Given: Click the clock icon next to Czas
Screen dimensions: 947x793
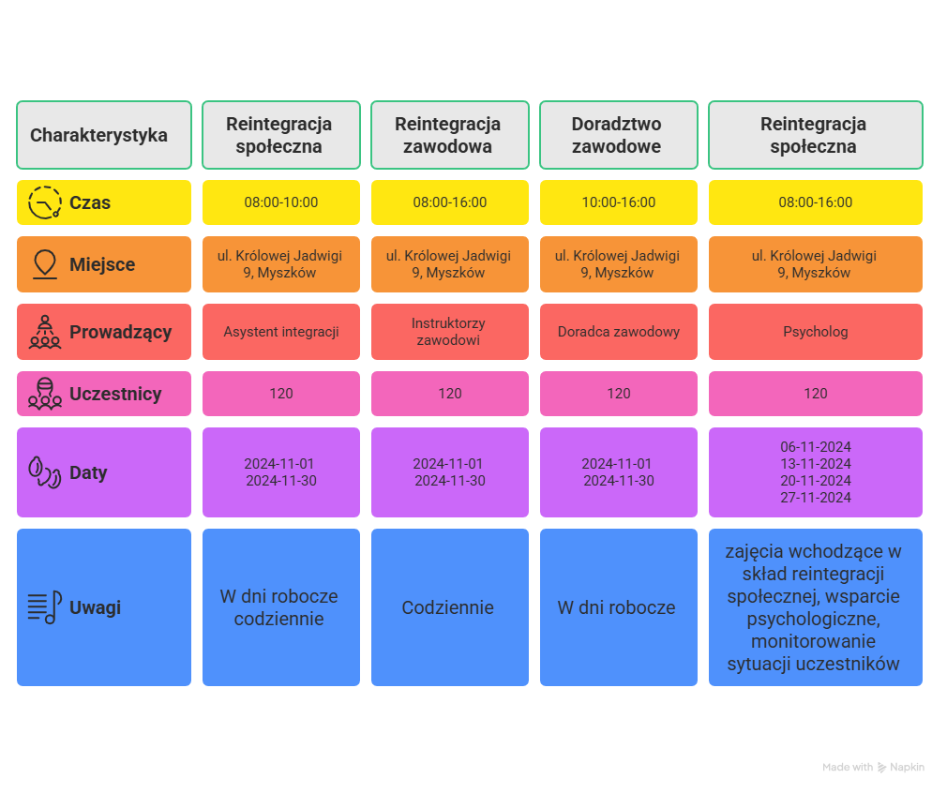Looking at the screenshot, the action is point(45,202).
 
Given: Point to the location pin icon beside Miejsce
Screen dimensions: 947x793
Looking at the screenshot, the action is point(45,264).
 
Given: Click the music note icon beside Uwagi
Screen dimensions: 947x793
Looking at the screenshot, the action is point(45,607).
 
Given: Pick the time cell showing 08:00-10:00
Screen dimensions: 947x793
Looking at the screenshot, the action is point(281,202).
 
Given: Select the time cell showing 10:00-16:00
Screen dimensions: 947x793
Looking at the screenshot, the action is point(619,202).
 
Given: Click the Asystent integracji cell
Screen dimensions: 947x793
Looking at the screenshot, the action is point(281,332).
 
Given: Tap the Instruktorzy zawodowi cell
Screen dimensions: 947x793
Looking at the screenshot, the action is point(450,332).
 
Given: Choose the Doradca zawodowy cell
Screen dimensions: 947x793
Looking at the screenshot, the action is point(619,332).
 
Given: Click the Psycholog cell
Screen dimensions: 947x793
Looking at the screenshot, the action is point(816,332).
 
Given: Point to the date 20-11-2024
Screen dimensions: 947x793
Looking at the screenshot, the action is point(816,481).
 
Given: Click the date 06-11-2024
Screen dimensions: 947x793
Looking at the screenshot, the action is point(816,447).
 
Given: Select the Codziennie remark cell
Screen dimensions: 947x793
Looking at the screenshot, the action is point(450,607).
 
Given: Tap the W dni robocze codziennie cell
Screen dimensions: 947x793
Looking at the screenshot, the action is point(281,607).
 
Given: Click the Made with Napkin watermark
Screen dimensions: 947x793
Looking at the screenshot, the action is point(873,767).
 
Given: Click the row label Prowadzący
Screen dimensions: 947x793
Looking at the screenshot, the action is point(121,332).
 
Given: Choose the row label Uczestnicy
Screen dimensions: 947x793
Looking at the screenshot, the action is point(115,394).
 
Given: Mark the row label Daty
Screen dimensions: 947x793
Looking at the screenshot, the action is point(88,472).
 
